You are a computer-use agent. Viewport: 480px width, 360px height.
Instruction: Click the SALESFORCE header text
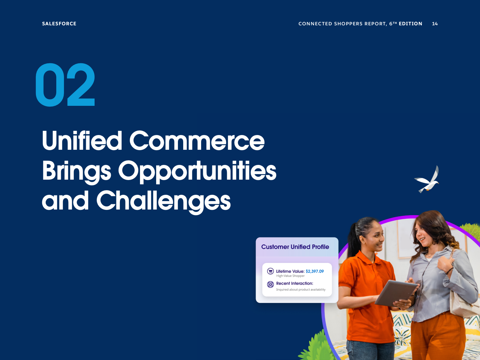[59, 24]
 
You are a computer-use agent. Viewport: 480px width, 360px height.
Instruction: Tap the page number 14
[435, 24]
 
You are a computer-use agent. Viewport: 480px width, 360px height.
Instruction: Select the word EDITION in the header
[410, 24]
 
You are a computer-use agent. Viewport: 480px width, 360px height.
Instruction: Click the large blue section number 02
[65, 85]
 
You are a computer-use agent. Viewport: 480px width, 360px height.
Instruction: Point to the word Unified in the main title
[82, 140]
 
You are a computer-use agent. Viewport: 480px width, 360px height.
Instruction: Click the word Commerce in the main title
[197, 141]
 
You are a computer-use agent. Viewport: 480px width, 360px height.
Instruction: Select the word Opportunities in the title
[197, 172]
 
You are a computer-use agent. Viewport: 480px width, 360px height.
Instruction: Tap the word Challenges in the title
[164, 202]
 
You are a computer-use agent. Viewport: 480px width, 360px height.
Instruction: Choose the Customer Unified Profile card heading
[295, 247]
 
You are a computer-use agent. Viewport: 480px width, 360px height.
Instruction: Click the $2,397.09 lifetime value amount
[315, 271]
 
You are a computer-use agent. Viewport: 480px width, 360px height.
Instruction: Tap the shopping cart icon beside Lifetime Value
[270, 271]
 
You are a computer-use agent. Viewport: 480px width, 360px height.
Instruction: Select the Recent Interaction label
[295, 283]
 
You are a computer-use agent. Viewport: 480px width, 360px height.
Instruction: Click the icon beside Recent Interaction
[270, 284]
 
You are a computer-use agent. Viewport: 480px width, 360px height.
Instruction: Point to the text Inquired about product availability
[301, 290]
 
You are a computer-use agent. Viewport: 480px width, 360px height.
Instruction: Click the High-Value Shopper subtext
[290, 276]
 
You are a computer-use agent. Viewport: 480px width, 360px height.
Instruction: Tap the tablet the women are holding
[396, 293]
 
